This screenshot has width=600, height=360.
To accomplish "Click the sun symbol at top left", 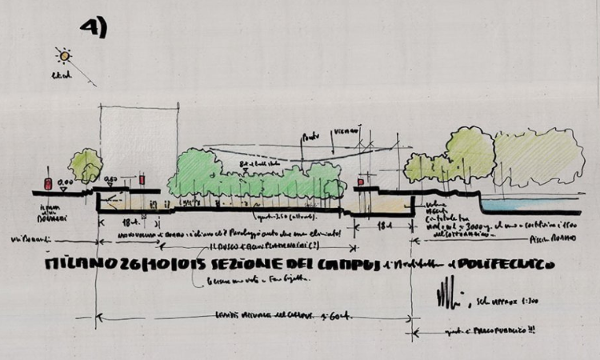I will click(64, 55).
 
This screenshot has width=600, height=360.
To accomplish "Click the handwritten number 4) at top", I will click(94, 27).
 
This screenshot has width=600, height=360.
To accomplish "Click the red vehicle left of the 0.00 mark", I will click(48, 184).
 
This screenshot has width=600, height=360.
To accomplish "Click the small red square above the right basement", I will click(360, 183).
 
